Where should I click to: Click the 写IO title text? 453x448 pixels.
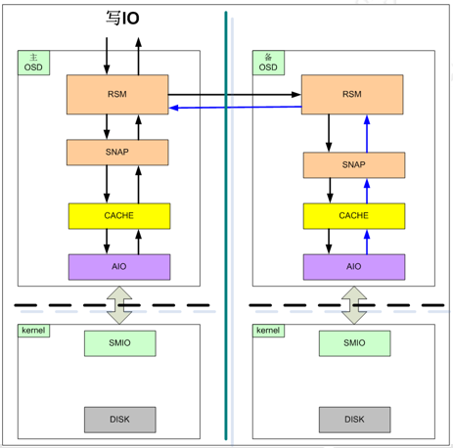[x=122, y=18]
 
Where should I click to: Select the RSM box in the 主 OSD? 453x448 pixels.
[x=117, y=95]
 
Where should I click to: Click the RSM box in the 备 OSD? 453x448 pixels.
[x=352, y=95]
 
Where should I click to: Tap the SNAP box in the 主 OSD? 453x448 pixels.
[x=117, y=153]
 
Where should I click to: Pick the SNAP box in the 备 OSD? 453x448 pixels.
[x=354, y=165]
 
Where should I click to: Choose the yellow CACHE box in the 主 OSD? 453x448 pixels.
[x=119, y=216]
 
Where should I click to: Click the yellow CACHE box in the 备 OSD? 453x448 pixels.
[x=354, y=216]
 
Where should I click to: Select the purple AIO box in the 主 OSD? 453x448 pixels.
[x=119, y=267]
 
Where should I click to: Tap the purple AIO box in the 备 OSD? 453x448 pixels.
[x=354, y=267]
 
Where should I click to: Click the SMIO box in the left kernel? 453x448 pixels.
[x=120, y=343]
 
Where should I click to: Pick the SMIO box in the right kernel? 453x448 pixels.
[x=355, y=343]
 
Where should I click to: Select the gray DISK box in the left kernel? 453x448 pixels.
[x=120, y=420]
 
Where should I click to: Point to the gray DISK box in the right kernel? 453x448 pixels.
[x=355, y=420]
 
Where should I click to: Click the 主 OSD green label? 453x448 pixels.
[x=33, y=63]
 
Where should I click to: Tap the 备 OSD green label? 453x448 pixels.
[x=268, y=63]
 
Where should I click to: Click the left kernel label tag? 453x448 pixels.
[x=33, y=331]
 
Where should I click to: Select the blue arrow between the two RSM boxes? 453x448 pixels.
[x=236, y=108]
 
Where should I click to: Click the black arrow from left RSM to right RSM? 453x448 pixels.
[x=235, y=95]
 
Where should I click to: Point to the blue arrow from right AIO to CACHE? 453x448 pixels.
[x=367, y=242]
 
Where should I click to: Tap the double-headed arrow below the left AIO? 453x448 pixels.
[x=119, y=305]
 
